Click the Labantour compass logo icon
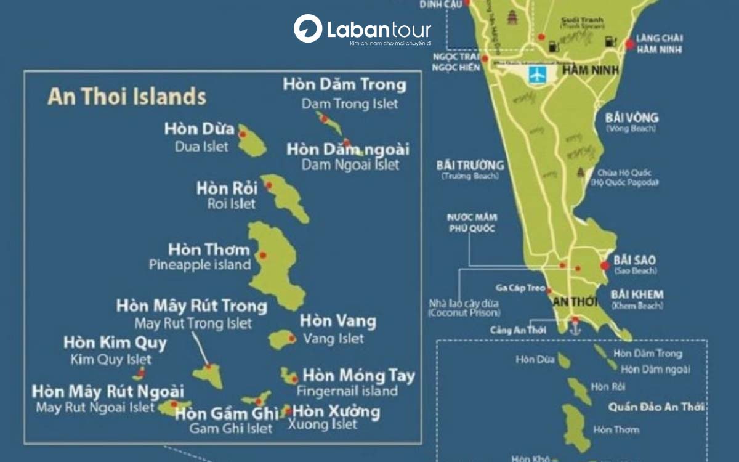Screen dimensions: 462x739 [x=307, y=29]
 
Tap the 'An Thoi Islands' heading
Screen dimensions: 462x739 [x=127, y=97]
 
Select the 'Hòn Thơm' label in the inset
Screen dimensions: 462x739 [x=209, y=249]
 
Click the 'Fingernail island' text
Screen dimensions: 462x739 [x=347, y=391]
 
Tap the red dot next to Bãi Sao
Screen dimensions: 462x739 [x=605, y=265]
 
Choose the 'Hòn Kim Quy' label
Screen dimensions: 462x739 [x=115, y=343]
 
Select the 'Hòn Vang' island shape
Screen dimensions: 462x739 [x=283, y=339]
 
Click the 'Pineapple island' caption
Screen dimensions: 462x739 [x=200, y=265]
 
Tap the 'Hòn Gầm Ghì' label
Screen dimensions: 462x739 [x=227, y=413]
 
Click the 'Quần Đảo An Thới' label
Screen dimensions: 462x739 [x=656, y=407]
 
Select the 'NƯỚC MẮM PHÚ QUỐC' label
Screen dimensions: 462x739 [x=473, y=223]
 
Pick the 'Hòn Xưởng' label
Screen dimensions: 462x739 [x=336, y=411]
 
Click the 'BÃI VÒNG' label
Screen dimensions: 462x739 [x=632, y=118]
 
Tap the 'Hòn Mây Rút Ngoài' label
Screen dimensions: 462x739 [x=108, y=391]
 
